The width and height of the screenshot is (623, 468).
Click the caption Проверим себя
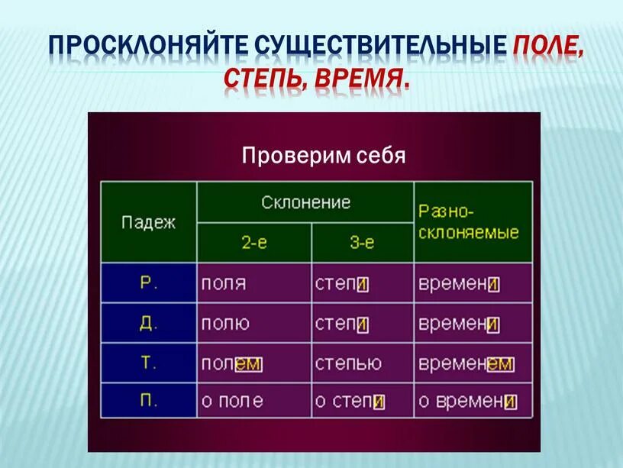(x=323, y=157)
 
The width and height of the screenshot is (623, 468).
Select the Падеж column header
(x=148, y=222)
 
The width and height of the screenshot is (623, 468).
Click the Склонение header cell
(x=305, y=202)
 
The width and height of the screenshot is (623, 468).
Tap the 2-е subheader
(x=254, y=243)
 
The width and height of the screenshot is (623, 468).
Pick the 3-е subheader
(x=363, y=243)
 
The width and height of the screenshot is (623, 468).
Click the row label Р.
(x=148, y=283)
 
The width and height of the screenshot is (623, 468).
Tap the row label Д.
(x=148, y=323)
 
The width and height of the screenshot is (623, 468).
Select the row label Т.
(x=148, y=363)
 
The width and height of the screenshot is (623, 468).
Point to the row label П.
(x=148, y=401)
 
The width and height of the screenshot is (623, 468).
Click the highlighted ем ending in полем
(x=247, y=364)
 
